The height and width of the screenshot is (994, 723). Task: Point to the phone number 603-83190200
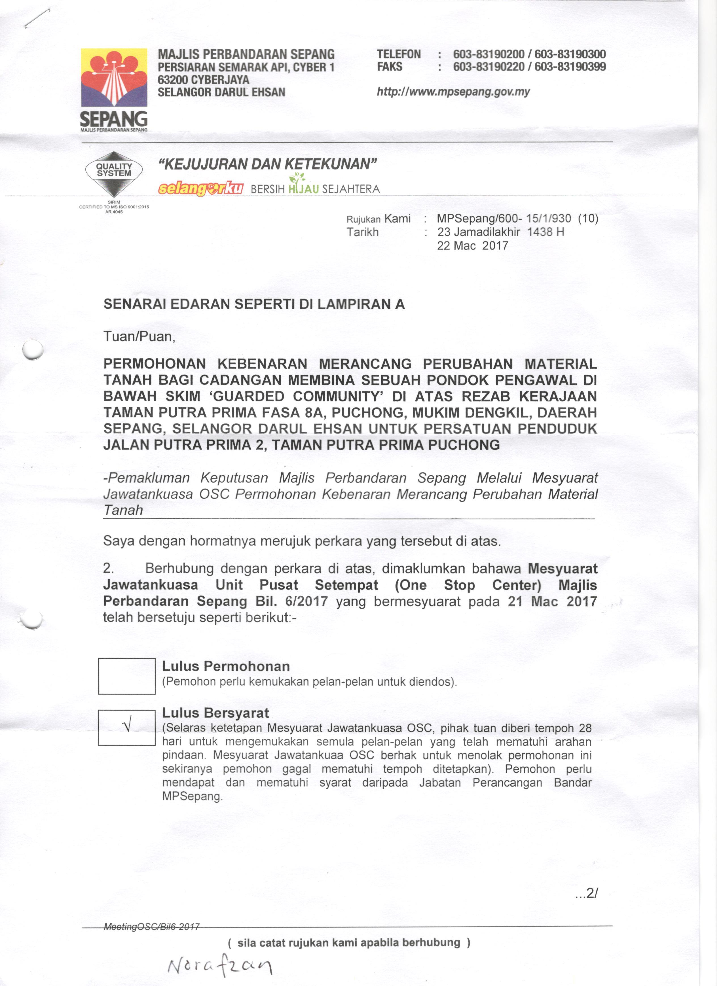(489, 54)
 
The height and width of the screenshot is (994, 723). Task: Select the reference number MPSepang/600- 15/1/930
(504, 219)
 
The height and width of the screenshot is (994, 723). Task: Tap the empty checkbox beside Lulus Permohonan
(127, 676)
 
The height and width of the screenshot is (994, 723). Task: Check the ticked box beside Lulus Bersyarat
(127, 728)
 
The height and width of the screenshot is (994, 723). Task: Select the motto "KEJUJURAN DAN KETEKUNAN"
(267, 164)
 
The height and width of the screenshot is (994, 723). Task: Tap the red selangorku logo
(201, 188)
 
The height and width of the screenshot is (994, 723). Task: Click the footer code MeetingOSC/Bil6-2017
(152, 927)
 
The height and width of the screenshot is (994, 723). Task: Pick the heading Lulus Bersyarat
(216, 713)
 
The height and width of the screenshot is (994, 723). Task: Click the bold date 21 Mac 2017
(552, 601)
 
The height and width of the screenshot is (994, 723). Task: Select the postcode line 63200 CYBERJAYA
(204, 80)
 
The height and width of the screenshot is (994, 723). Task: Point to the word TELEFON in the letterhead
(399, 54)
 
